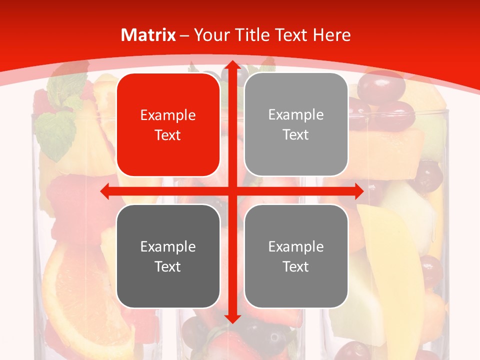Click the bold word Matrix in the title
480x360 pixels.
coord(148,35)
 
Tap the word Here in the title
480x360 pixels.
coord(332,35)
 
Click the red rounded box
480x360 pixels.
coord(168,125)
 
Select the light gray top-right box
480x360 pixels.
coord(296,124)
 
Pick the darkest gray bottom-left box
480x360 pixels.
coord(168,256)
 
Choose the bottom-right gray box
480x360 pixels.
coord(296,256)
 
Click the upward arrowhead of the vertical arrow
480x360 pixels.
coord(232,65)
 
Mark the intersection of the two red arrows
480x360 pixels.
coord(232,191)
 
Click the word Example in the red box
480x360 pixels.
coord(168,115)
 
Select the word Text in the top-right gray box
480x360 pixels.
coord(296,135)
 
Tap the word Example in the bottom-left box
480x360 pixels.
coord(168,246)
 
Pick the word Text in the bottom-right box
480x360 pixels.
coord(296,266)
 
